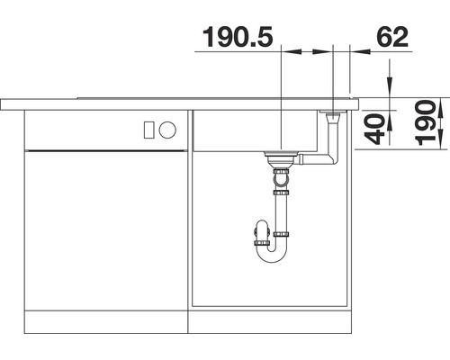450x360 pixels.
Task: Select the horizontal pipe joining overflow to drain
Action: tap(310, 162)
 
